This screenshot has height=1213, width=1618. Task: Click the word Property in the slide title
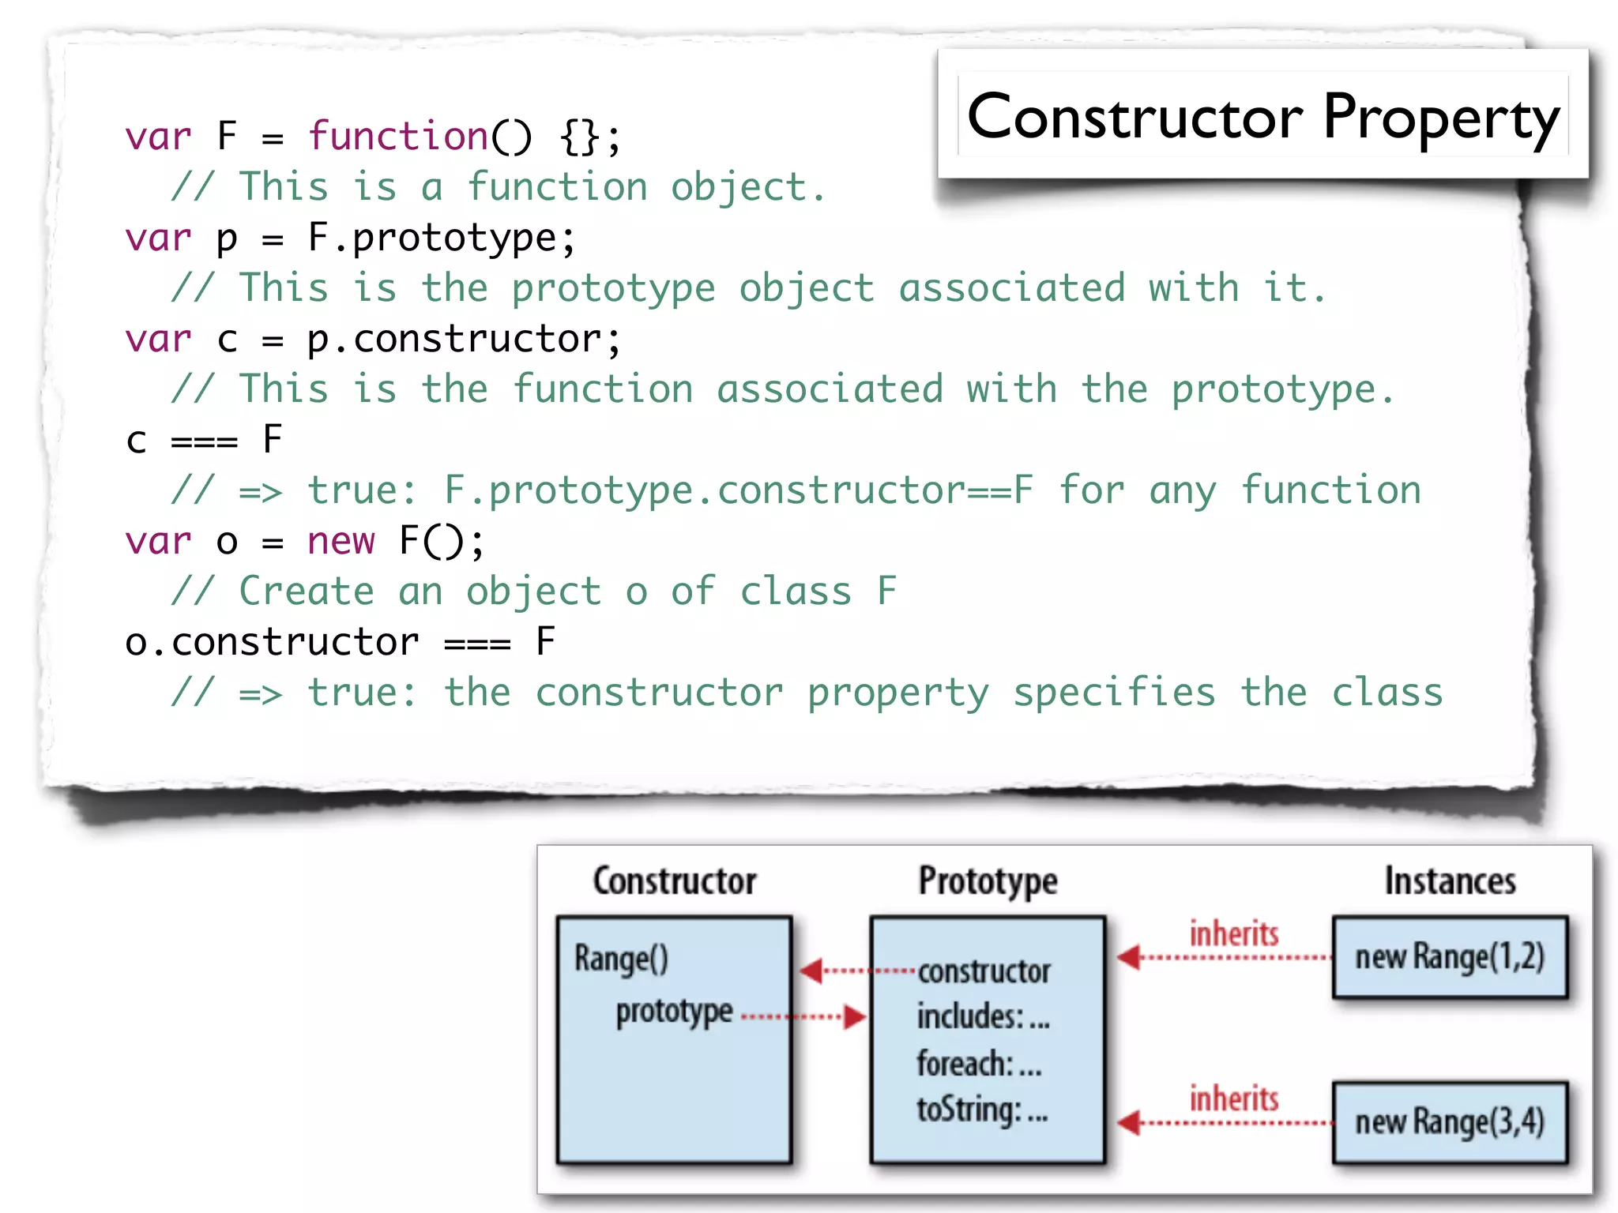tap(1441, 118)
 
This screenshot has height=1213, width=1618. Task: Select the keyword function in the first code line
tap(398, 136)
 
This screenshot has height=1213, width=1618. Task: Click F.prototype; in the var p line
tap(442, 238)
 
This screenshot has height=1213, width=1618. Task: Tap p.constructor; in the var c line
tap(464, 340)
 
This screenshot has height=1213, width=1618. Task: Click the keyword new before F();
tap(341, 542)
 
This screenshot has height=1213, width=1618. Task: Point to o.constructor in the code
tap(272, 642)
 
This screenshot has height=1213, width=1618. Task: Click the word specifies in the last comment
tap(1114, 693)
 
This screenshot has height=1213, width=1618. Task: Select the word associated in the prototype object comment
tap(1011, 288)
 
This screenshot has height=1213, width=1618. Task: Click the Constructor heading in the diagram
tap(675, 881)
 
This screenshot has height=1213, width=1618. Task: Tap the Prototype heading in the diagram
tap(988, 881)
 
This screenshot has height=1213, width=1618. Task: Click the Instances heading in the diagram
tap(1450, 881)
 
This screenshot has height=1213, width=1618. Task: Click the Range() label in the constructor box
tap(621, 959)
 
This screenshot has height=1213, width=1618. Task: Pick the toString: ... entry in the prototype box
tap(982, 1110)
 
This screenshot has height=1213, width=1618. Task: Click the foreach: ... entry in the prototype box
tap(979, 1064)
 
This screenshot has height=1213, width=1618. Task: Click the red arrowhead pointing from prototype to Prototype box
tap(855, 1016)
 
